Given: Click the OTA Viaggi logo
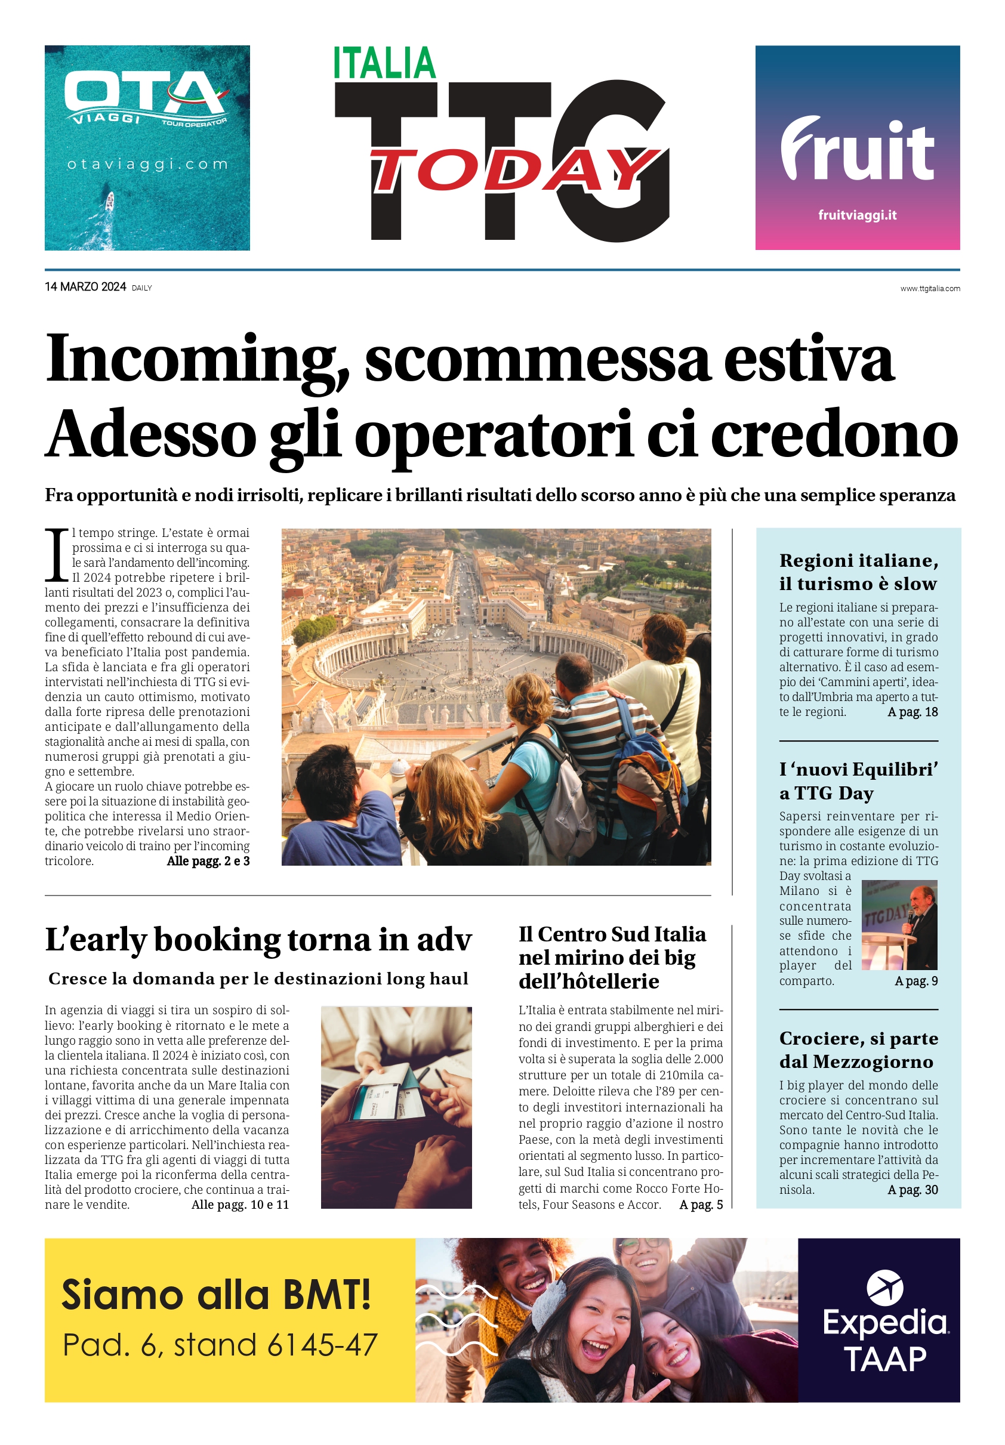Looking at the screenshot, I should click(x=146, y=98).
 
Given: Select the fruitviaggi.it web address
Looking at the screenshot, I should click(x=857, y=215).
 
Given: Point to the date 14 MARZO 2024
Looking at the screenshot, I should click(x=85, y=287).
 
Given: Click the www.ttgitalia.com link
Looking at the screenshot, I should click(x=929, y=289).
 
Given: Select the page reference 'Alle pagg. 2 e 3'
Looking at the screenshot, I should click(x=208, y=861).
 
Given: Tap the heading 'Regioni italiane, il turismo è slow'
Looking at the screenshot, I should click(x=858, y=572).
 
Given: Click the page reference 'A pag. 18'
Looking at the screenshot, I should click(x=912, y=712).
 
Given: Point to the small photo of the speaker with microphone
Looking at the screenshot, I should click(x=899, y=925).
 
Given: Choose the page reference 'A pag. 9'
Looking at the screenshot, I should click(x=916, y=981).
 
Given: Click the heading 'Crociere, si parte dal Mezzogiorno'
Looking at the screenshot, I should click(x=858, y=1050).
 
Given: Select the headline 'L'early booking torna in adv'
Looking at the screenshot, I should click(x=258, y=940).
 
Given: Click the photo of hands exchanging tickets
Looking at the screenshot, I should click(x=396, y=1107).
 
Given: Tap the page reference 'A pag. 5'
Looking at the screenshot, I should click(x=701, y=1205).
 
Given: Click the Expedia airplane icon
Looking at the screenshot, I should click(x=884, y=1287).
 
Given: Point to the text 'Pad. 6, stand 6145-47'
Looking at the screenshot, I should click(x=220, y=1345).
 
